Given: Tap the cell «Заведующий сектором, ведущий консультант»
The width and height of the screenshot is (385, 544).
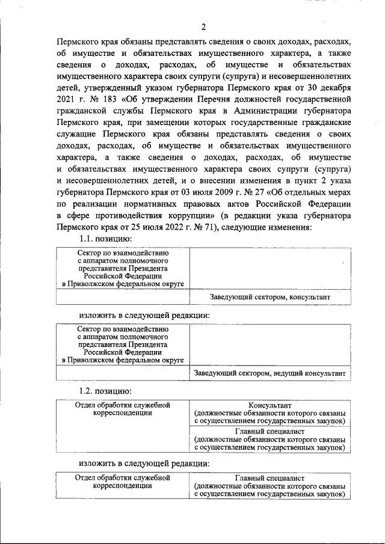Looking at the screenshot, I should (270, 373).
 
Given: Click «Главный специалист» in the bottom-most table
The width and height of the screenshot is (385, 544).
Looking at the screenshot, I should (269, 477).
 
